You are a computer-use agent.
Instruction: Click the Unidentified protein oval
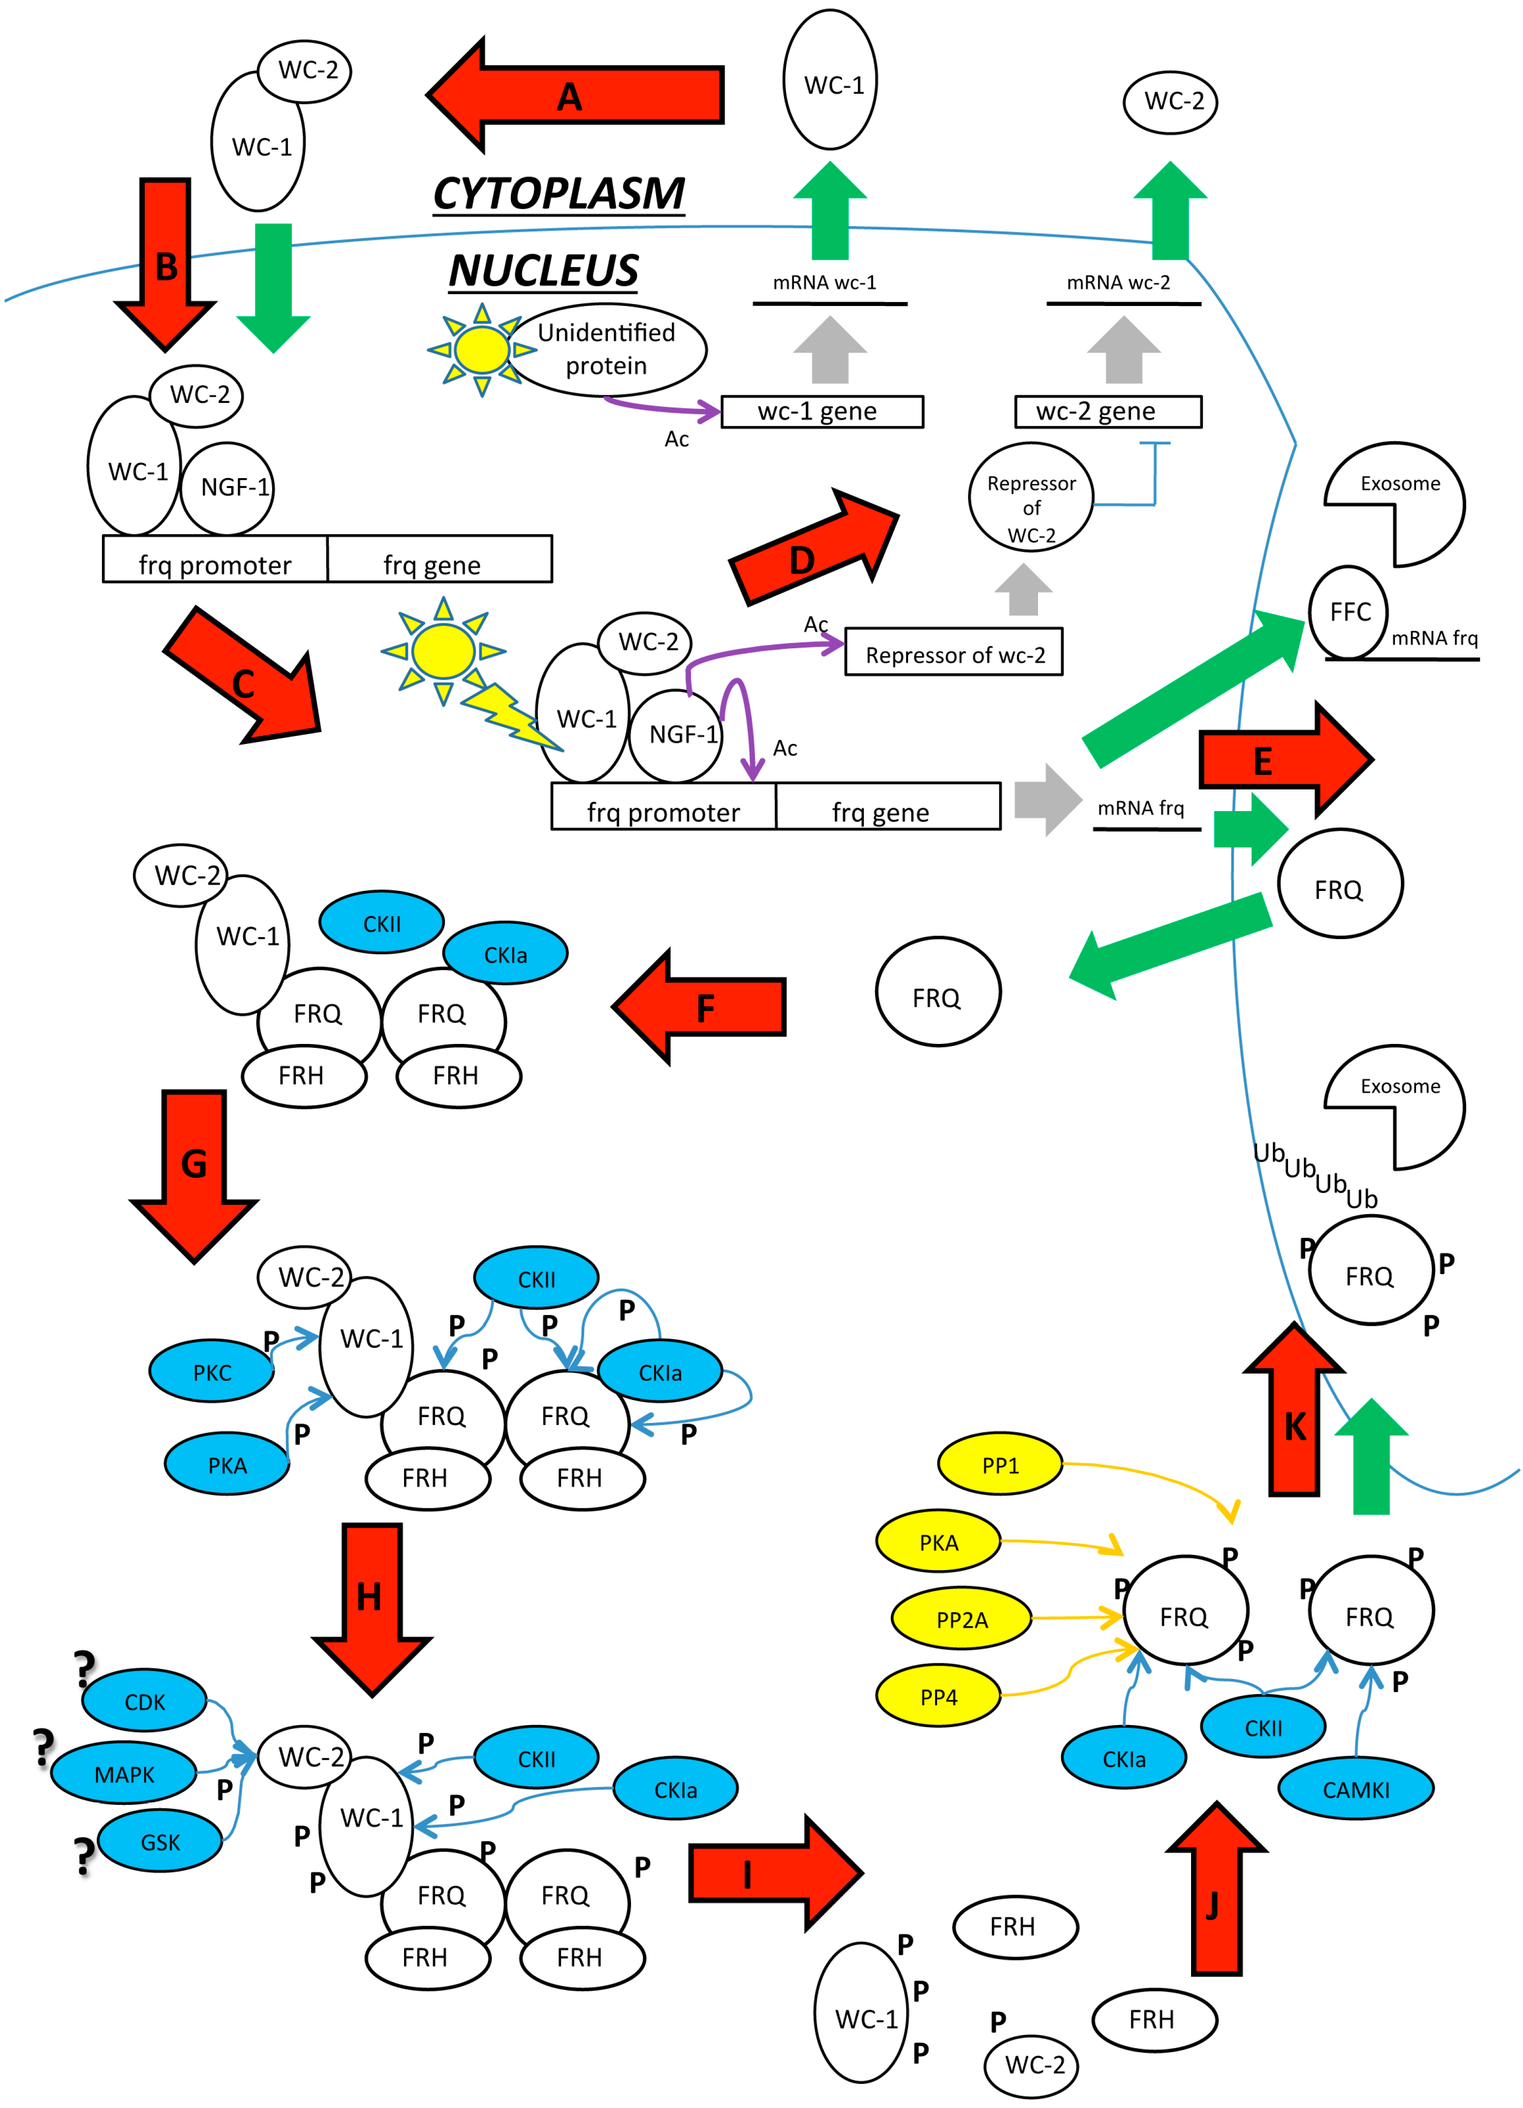[x=607, y=350]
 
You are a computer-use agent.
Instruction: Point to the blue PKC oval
[x=212, y=1372]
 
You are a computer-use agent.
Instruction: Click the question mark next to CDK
[x=84, y=1668]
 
